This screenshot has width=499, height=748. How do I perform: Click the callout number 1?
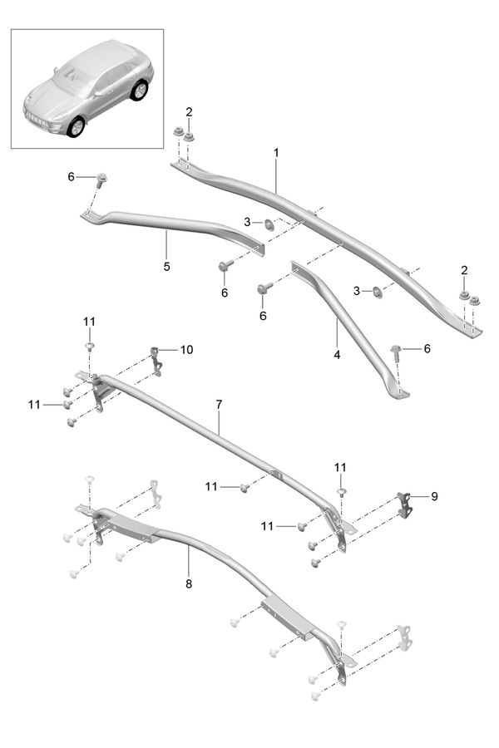point(276,153)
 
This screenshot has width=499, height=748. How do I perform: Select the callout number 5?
point(166,267)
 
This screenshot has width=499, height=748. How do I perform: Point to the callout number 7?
point(219,404)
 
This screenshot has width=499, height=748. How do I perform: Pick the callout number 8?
point(189,583)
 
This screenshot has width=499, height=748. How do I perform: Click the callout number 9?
point(434,496)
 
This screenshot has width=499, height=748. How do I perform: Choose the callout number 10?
point(185,350)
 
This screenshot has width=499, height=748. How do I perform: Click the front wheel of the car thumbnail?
point(76,127)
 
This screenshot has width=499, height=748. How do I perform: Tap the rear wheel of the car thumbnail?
point(139,90)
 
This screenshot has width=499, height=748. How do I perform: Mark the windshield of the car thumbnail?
point(77,77)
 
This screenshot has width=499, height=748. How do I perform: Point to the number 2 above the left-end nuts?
point(189,111)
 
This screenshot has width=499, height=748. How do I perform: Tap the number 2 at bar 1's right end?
point(464,271)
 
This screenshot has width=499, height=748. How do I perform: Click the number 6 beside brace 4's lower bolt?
point(427,348)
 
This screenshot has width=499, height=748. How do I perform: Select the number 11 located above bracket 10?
point(89,321)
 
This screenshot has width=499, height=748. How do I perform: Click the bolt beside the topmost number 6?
point(101,179)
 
